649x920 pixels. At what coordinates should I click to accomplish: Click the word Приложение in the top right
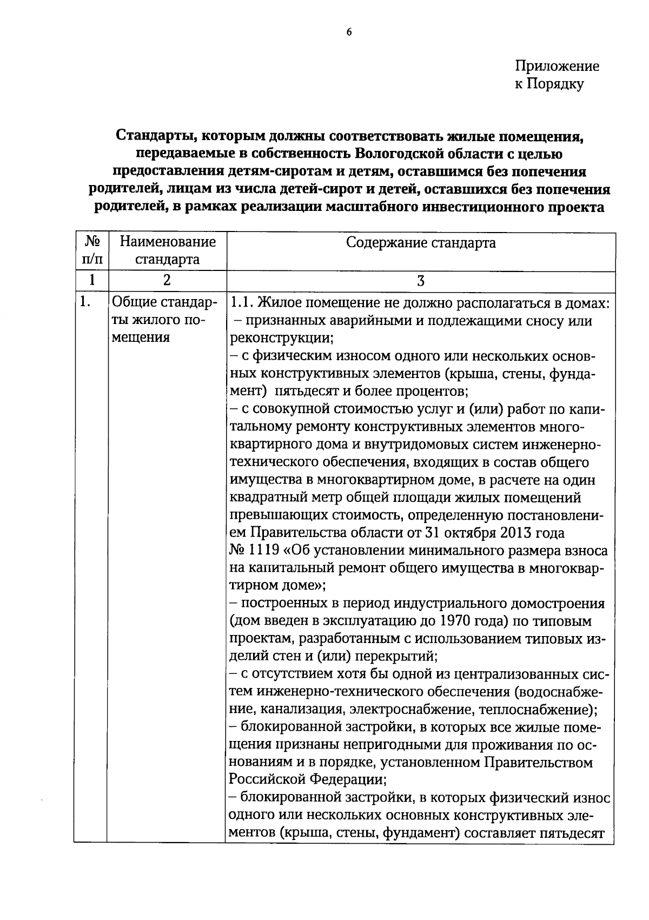(x=557, y=67)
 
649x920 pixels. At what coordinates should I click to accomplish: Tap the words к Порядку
(x=549, y=84)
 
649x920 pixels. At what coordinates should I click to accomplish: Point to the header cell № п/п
(x=91, y=250)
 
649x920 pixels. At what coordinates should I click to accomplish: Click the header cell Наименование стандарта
(x=167, y=250)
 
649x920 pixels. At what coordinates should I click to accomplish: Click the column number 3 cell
(x=420, y=280)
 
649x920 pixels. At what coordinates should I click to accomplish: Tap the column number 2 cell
(x=167, y=280)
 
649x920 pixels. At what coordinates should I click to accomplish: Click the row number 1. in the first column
(x=84, y=302)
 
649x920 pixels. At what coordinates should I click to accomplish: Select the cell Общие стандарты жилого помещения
(x=162, y=320)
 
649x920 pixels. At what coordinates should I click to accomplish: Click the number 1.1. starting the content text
(x=242, y=303)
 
